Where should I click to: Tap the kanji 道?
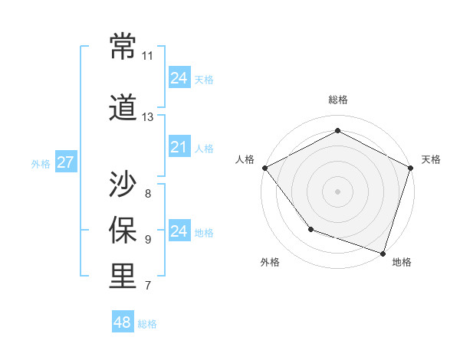123,109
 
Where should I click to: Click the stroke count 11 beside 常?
147,56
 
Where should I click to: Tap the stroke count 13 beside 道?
147,117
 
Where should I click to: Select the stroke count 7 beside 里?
147,286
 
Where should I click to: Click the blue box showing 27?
65,163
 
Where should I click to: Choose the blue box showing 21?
179,147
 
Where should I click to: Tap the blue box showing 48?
122,322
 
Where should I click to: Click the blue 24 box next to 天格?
179,78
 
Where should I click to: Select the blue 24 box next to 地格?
179,231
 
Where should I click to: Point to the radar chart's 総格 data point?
337,131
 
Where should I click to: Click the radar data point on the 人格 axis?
264,168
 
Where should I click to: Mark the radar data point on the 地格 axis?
382,252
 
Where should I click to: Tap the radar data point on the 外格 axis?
310,228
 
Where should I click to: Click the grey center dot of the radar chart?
337,191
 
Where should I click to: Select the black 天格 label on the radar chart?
431,159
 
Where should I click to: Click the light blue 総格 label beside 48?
147,324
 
